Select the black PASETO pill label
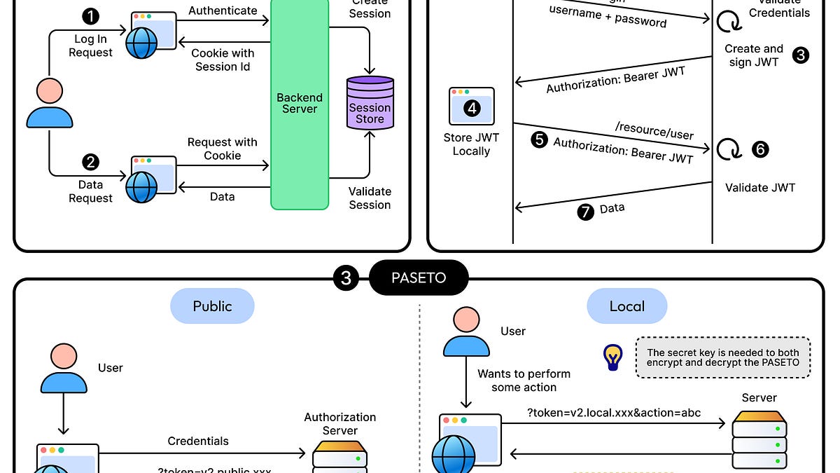419,278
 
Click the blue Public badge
212,306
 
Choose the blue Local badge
626,306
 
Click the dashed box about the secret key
723,358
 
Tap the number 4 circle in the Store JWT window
472,107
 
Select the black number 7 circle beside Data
585,211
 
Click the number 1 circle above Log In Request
90,15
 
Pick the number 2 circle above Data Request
90,163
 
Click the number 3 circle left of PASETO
346,278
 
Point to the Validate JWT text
760,187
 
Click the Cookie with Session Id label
223,60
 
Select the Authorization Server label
340,424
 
